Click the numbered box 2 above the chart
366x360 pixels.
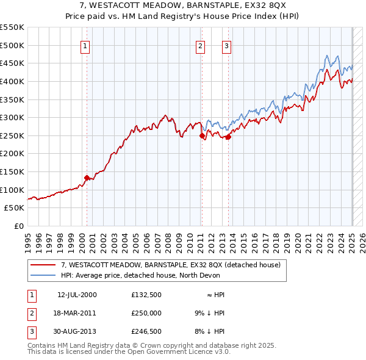coord(200,45)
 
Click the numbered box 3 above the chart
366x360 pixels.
coord(226,45)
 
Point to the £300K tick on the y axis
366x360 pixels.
coord(12,117)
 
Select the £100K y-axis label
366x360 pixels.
coord(12,190)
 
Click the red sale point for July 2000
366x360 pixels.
coord(87,178)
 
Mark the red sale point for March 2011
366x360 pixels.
coord(202,135)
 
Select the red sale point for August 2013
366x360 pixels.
coord(228,137)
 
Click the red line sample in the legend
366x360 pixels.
coord(43,265)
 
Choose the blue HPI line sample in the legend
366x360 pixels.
coord(43,275)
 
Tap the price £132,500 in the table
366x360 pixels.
coord(146,295)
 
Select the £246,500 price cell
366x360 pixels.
coord(146,331)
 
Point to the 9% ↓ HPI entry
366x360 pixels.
coord(209,313)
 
